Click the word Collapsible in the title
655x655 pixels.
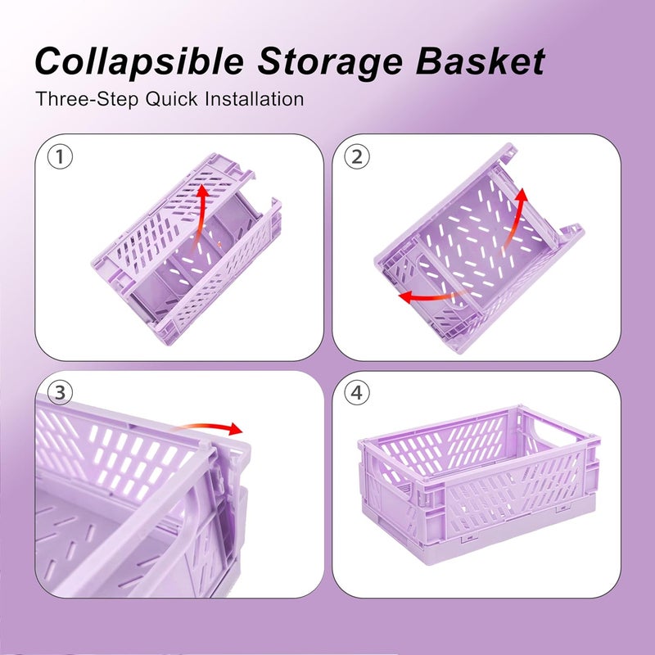click(x=139, y=61)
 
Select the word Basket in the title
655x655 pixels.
click(x=481, y=61)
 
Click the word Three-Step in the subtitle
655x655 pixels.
click(x=88, y=99)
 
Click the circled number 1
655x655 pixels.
click(x=60, y=156)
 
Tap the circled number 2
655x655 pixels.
click(x=357, y=156)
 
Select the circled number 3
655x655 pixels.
click(x=60, y=393)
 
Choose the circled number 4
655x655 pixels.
click(x=357, y=393)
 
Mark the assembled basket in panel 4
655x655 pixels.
click(x=479, y=485)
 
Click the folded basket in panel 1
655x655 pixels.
click(x=187, y=249)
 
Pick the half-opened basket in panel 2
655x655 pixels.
click(x=479, y=249)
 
